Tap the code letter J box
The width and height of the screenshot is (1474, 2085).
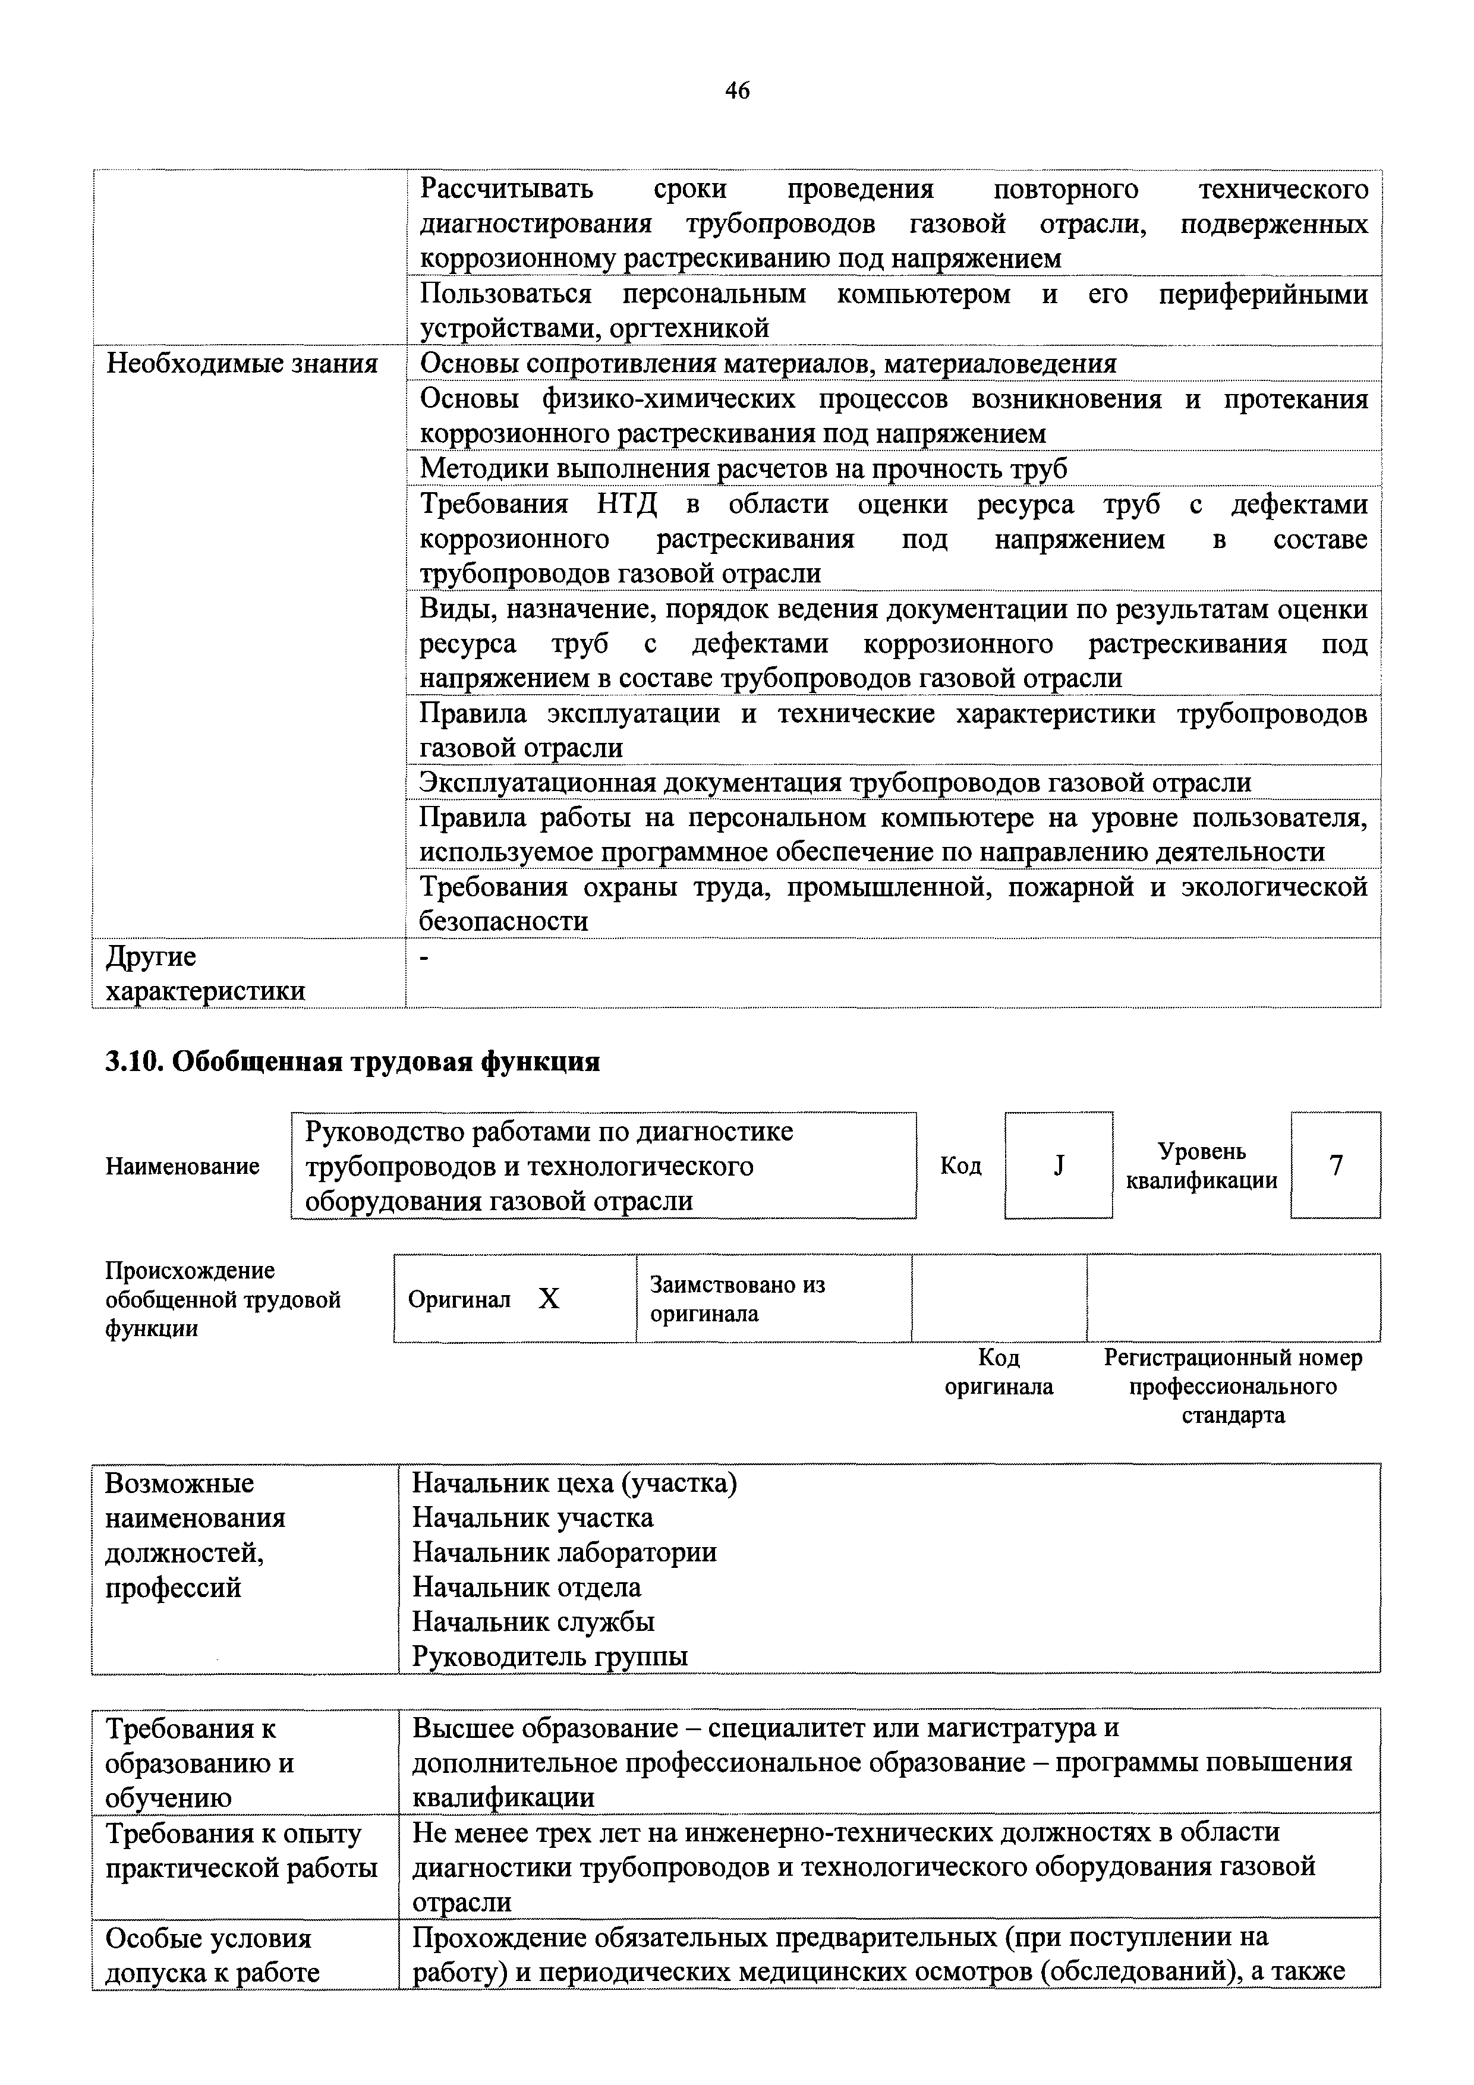[x=1058, y=1165]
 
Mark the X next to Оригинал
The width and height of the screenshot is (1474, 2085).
[x=549, y=1299]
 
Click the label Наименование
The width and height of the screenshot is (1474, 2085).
[x=182, y=1166]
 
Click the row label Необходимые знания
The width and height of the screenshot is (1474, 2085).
[x=241, y=364]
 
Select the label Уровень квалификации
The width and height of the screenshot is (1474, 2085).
[x=1202, y=1166]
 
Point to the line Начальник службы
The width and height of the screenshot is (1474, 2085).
[x=533, y=1622]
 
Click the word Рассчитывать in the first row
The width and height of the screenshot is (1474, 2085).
[x=507, y=189]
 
